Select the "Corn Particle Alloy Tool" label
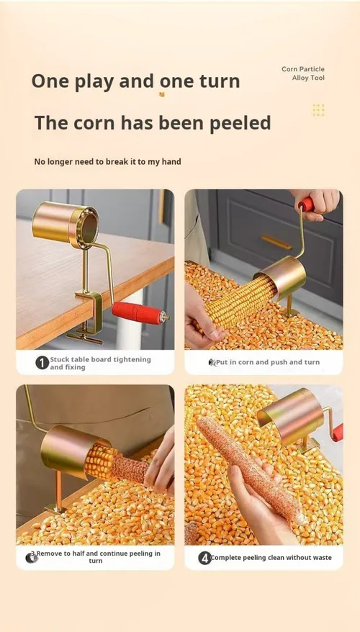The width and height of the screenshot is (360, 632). point(303,73)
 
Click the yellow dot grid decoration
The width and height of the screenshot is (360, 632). point(318,109)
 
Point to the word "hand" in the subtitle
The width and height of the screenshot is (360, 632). point(171,162)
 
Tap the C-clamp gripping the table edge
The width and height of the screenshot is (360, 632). point(89,315)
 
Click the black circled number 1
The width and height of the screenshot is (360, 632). point(42,363)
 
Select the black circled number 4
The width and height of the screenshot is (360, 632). point(204,558)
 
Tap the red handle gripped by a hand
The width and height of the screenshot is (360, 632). point(307,204)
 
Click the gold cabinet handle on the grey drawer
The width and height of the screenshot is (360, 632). point(276,243)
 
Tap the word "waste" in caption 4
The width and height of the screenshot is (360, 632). point(321,558)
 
